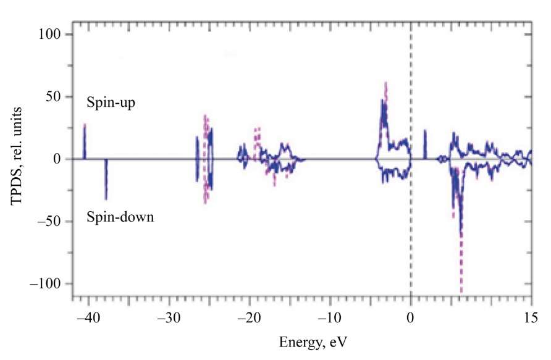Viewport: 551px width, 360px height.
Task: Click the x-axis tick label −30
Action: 167,320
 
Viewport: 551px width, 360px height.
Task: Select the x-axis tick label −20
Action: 248,320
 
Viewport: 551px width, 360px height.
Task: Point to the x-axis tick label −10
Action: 329,320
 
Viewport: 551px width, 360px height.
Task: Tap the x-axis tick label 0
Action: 410,320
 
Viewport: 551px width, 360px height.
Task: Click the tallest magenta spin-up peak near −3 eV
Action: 386,83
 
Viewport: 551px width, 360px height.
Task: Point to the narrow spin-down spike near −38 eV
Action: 106,198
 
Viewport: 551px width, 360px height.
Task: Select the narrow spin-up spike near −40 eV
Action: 85,125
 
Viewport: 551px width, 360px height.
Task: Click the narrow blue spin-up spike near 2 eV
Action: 425,131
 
